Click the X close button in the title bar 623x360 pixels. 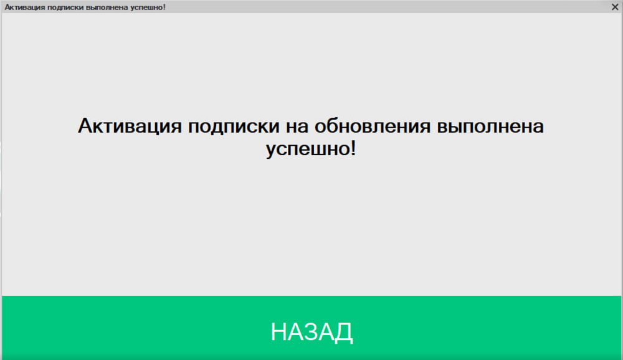click(615, 7)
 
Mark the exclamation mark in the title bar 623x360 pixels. click(164, 7)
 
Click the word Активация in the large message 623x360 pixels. click(130, 126)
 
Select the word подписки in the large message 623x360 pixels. click(234, 126)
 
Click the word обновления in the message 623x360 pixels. click(373, 126)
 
